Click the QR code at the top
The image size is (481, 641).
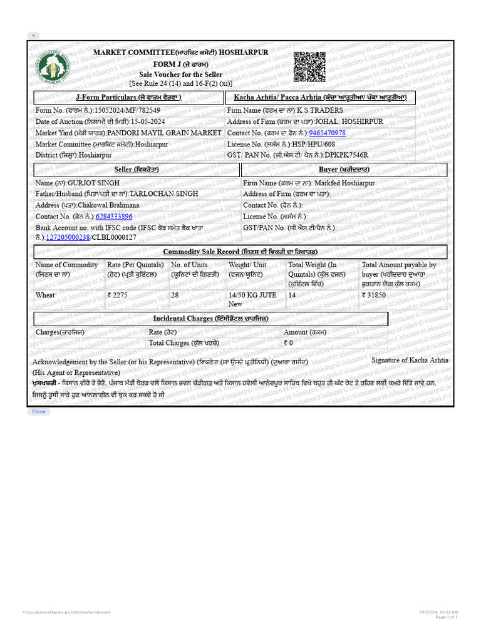coord(309,67)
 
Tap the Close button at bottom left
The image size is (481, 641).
coord(38,411)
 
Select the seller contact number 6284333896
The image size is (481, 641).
coord(113,217)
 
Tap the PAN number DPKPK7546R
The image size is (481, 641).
coord(346,155)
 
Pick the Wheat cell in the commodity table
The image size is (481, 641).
coord(45,295)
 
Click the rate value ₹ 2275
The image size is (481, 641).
coord(118,295)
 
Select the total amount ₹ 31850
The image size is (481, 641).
coord(375,295)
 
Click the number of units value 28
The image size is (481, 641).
coord(175,295)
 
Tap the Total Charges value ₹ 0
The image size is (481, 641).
coord(289,343)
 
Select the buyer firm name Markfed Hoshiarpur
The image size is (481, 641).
coord(344,183)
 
